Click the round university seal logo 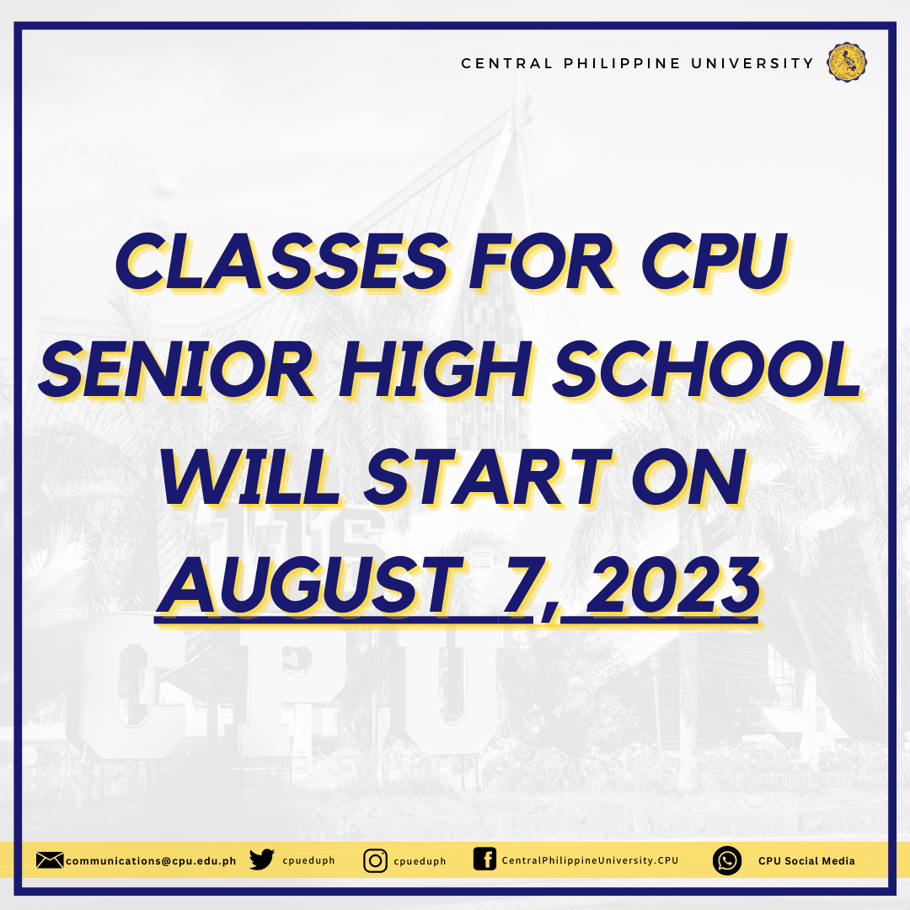click(x=847, y=62)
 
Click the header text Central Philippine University click(x=637, y=63)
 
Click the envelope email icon click(x=50, y=860)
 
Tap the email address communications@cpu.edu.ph click(x=151, y=861)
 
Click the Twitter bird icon click(x=262, y=860)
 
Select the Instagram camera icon click(x=376, y=860)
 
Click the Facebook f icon click(x=484, y=859)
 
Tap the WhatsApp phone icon click(x=727, y=860)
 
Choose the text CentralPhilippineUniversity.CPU click(x=590, y=860)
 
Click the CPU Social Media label click(x=806, y=860)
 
